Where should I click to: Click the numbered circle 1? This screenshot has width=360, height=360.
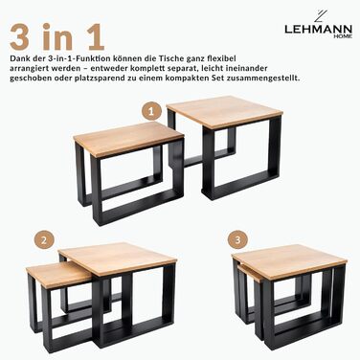click(x=149, y=111)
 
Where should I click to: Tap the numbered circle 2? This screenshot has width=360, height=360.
click(x=42, y=238)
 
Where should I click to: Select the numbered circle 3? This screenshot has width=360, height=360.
click(x=238, y=237)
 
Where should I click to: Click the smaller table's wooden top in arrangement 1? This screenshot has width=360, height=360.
click(x=126, y=138)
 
